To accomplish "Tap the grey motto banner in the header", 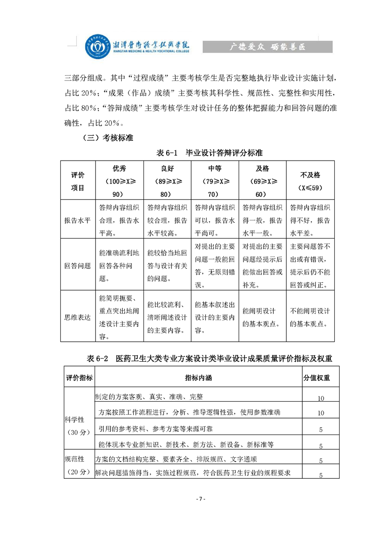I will tap(267, 47).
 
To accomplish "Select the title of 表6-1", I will tap(210, 153).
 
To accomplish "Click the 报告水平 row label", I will tap(77, 220).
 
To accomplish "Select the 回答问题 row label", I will tap(77, 265).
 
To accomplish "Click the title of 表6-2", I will tap(210, 359).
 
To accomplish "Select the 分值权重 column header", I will tap(316, 378).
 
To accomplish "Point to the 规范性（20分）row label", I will tap(77, 465).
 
